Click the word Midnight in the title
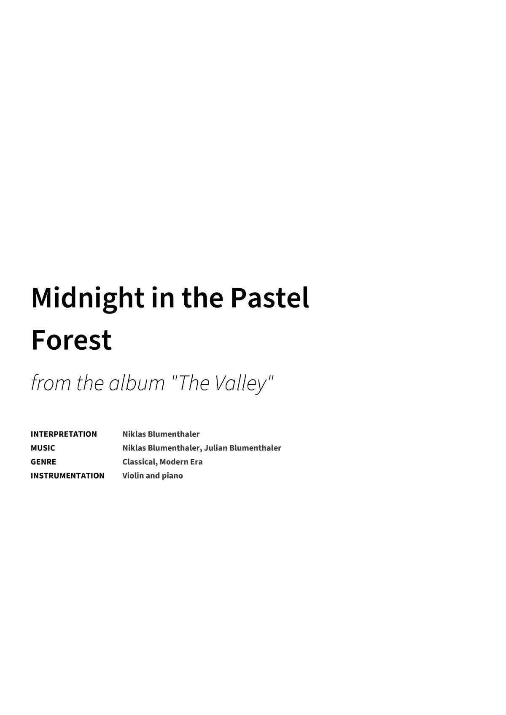tap(88, 298)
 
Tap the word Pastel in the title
tap(269, 298)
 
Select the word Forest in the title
tap(71, 340)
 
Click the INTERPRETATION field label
tap(64, 434)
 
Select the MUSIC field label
tap(43, 448)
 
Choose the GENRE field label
tap(43, 462)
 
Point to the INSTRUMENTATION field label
tap(67, 476)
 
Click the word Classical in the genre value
tap(140, 462)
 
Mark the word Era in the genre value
tap(196, 462)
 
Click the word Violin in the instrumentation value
tap(133, 476)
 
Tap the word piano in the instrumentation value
tap(172, 476)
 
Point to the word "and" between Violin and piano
tap(153, 476)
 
